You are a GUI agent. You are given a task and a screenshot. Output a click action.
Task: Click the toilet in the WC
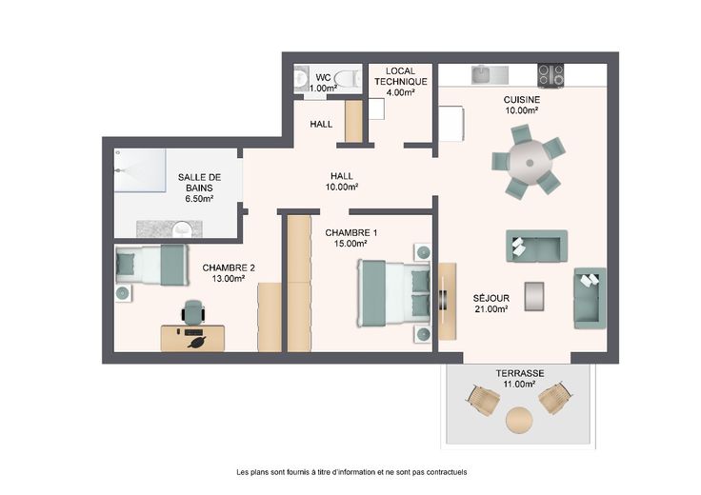[348, 79]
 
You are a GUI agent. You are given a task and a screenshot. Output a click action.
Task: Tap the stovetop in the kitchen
[551, 75]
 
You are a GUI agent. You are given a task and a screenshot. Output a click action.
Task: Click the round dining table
[530, 162]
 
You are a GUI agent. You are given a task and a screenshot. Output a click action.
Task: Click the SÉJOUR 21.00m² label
[491, 304]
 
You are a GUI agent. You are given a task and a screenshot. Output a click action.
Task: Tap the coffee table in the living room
[534, 296]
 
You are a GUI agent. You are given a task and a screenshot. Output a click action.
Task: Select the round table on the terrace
[519, 420]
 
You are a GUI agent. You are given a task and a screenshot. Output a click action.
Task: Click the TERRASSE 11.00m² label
[520, 379]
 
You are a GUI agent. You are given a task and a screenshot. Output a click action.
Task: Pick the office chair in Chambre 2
[193, 312]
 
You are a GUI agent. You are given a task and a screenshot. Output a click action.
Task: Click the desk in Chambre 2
[192, 338]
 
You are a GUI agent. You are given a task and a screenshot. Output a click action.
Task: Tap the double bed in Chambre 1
[393, 292]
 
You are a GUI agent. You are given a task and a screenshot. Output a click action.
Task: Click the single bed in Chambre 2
[151, 265]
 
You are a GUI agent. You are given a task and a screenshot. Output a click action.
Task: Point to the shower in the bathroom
[140, 170]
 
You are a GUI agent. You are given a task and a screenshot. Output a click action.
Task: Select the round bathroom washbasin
[182, 229]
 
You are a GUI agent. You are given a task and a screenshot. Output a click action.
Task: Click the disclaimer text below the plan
[351, 472]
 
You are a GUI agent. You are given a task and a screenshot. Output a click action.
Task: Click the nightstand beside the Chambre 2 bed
[123, 293]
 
